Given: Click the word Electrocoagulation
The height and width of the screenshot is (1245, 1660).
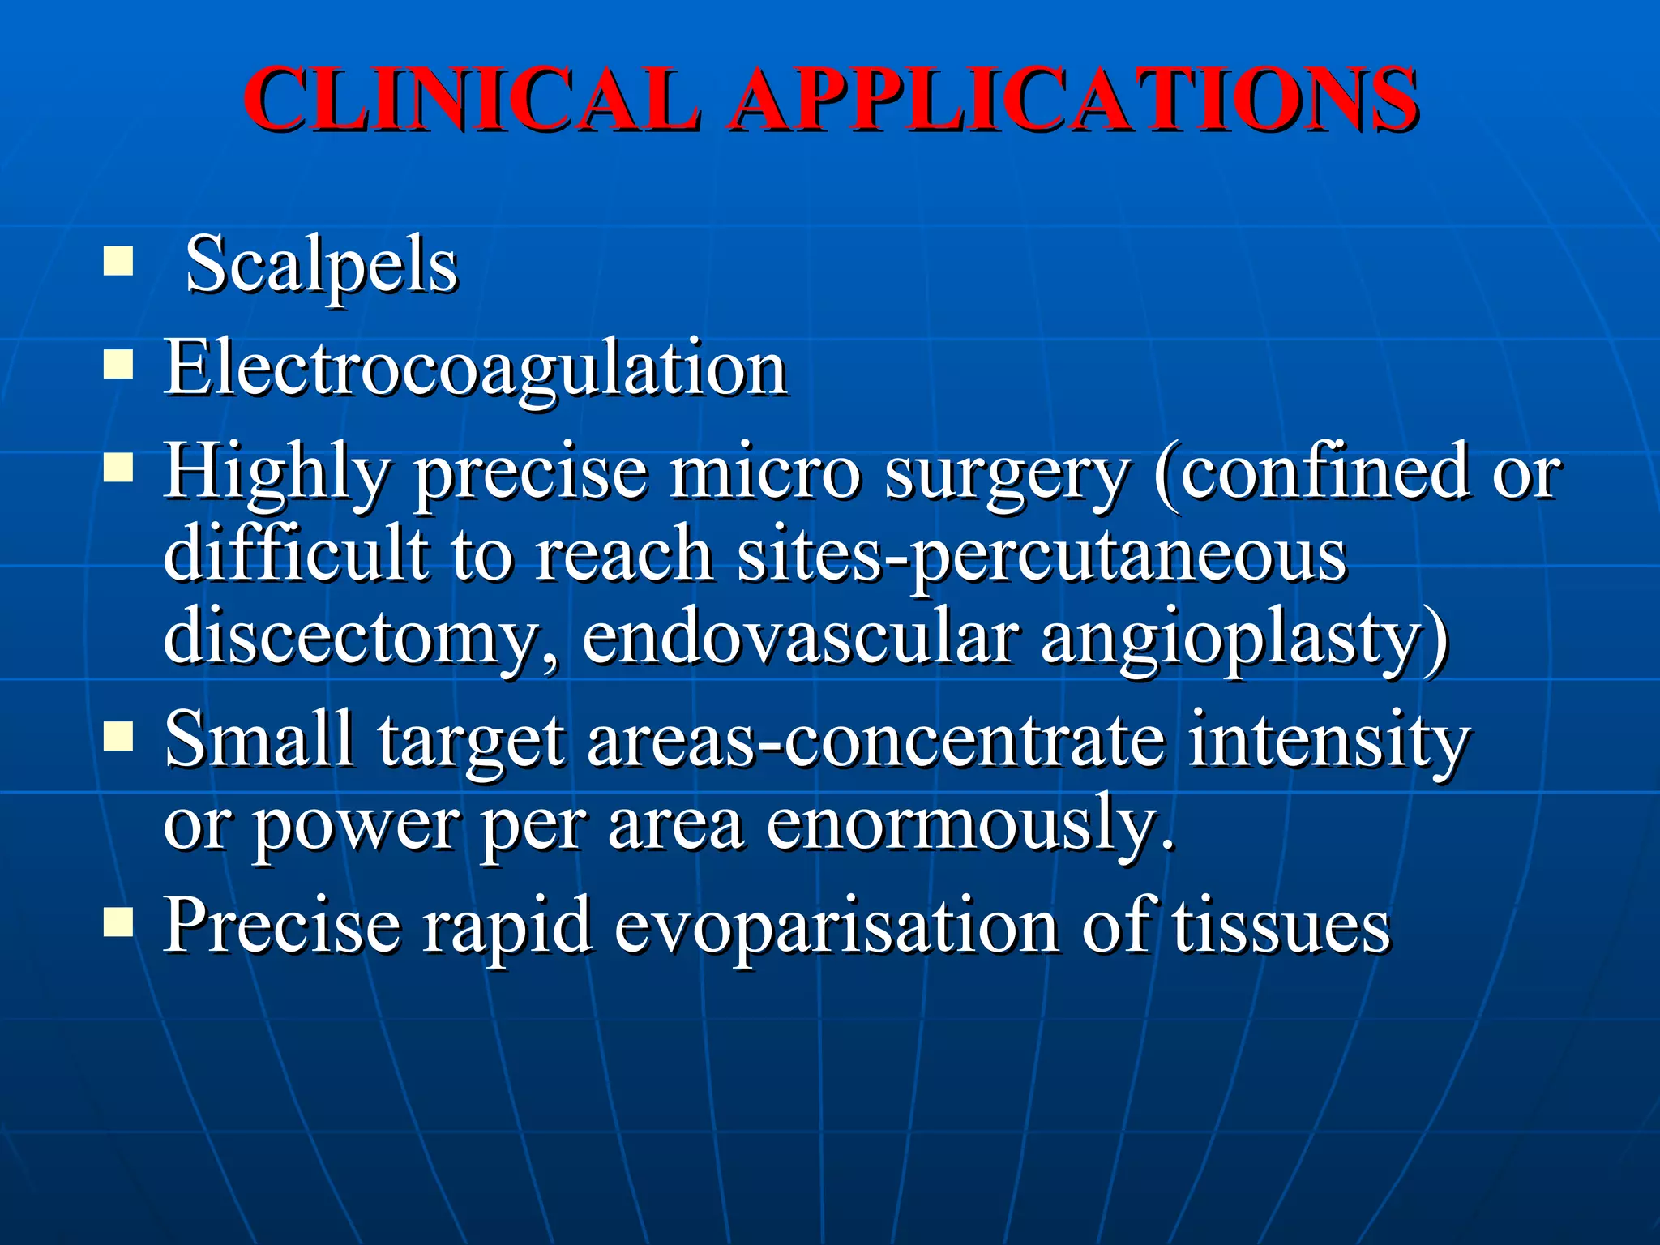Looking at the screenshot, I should [476, 370].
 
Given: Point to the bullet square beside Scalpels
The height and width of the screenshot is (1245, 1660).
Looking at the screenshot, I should [118, 262].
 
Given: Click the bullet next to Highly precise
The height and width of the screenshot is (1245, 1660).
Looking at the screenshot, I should [118, 468].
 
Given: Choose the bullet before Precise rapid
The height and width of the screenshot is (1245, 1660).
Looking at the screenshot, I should [118, 922].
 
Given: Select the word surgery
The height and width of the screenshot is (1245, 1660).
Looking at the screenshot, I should [1006, 474].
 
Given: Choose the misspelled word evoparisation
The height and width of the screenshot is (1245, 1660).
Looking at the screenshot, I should [836, 928].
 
